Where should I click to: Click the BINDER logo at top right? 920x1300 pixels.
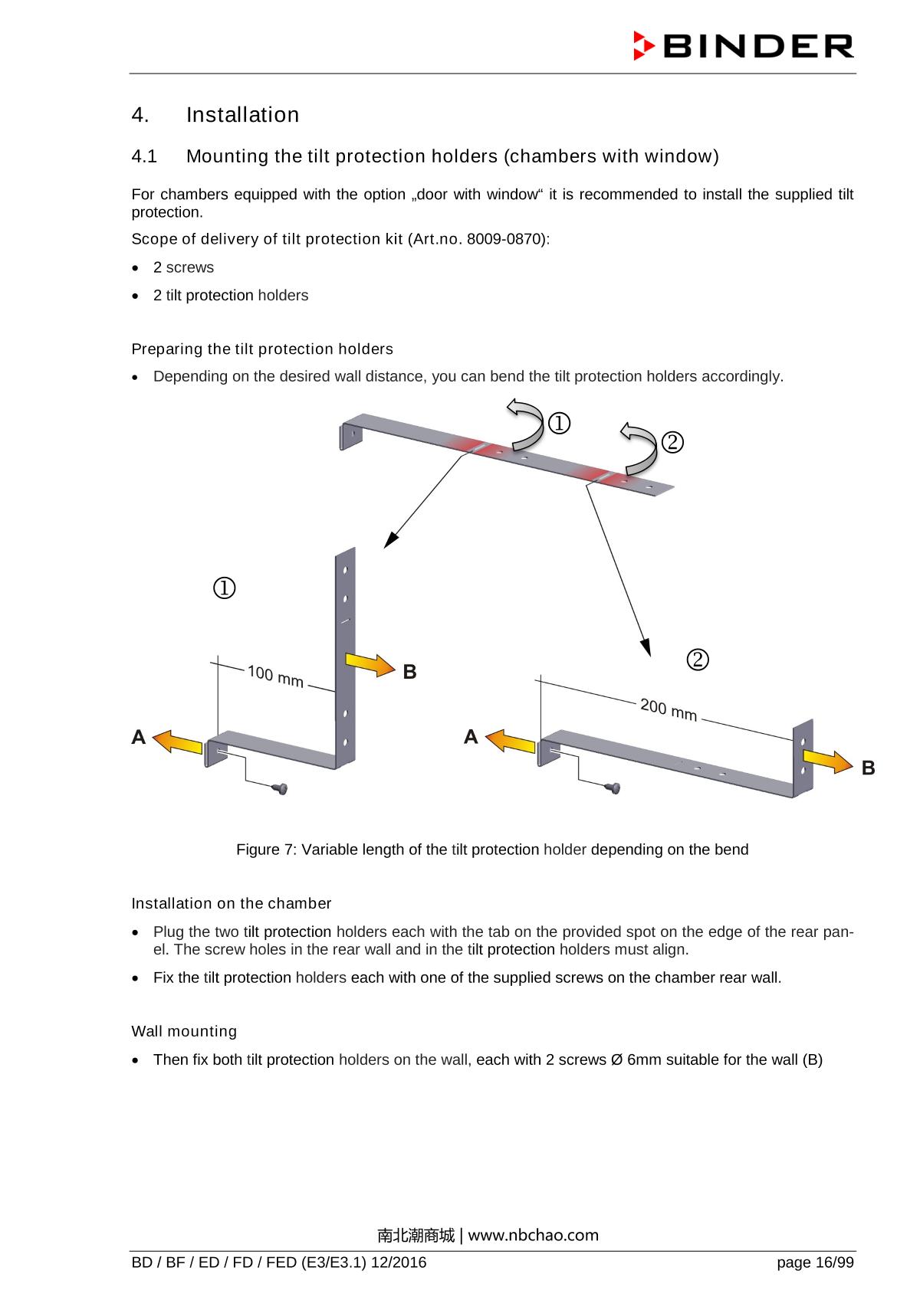(x=743, y=47)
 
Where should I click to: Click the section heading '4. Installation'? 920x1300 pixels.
(x=215, y=115)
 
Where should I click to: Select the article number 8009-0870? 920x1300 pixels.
(x=506, y=239)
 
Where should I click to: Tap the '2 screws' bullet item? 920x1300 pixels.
(x=183, y=267)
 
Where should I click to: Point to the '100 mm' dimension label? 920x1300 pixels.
(x=275, y=676)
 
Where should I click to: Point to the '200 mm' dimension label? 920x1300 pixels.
(x=669, y=710)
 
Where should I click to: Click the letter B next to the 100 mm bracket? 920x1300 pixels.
(x=410, y=672)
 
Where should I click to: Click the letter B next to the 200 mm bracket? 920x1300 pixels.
(x=868, y=768)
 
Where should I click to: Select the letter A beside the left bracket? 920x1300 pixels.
(x=139, y=737)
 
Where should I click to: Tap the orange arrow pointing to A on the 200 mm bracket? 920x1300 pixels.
(x=511, y=741)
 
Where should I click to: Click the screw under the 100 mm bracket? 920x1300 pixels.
(x=281, y=788)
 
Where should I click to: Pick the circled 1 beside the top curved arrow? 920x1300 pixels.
(x=559, y=423)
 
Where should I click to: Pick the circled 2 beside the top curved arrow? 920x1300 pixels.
(x=672, y=442)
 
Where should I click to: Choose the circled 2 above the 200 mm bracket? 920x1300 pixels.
(x=697, y=659)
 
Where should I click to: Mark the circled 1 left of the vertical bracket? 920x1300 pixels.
(x=224, y=588)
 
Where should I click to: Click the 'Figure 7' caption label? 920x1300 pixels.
(x=266, y=850)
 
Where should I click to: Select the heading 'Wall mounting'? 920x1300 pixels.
(x=184, y=1031)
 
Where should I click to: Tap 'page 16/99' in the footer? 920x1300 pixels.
(x=814, y=1263)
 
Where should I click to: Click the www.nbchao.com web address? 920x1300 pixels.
(x=533, y=1235)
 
